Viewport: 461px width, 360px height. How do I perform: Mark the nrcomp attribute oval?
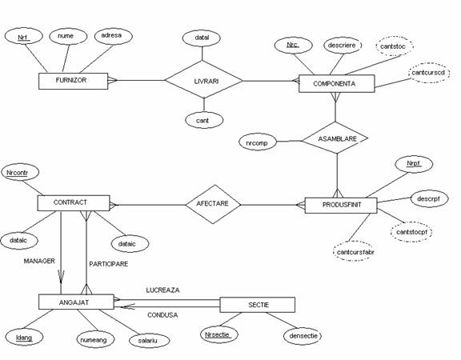pos(258,143)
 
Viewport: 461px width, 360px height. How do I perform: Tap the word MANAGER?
pos(39,261)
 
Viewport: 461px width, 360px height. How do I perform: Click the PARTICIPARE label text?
pos(109,264)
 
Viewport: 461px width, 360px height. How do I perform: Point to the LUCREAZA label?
pos(162,290)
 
